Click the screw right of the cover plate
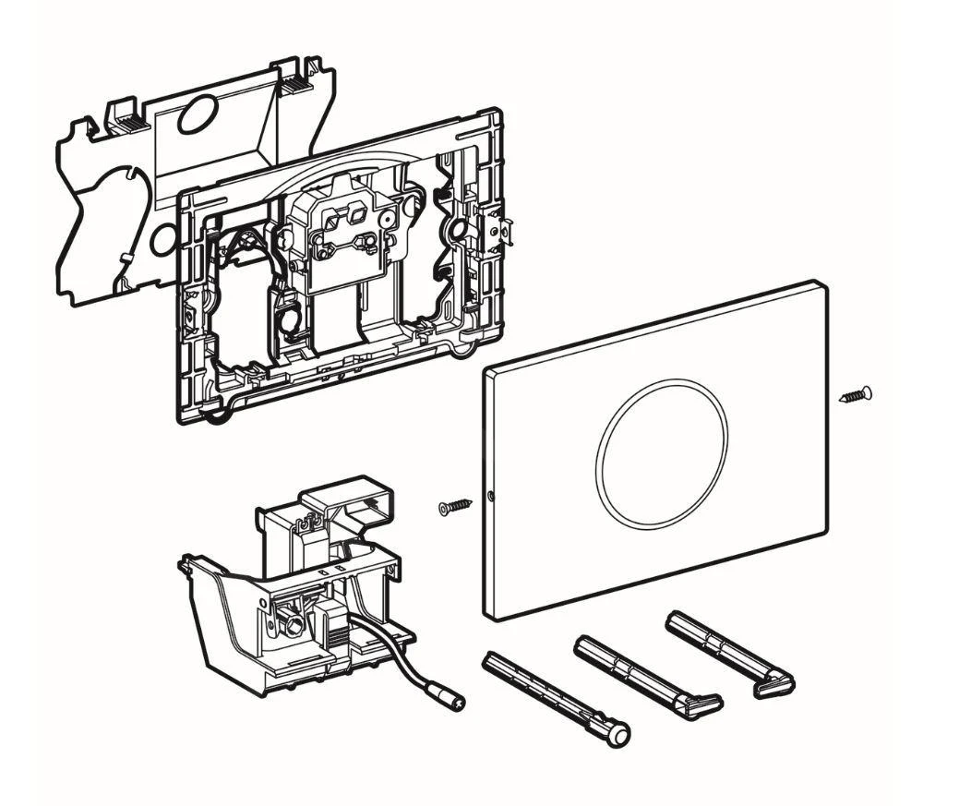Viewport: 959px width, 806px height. [856, 396]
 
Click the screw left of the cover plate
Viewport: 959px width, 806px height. [456, 505]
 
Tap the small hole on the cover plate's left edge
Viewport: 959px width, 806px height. [491, 496]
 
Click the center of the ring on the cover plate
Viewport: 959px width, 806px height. [661, 453]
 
